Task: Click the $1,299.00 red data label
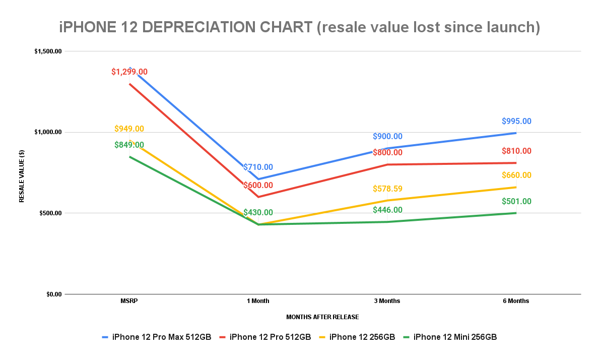pyautogui.click(x=129, y=72)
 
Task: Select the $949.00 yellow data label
pyautogui.click(x=129, y=129)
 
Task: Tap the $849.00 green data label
pyautogui.click(x=129, y=145)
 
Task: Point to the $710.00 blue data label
pyautogui.click(x=258, y=167)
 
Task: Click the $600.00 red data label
pyautogui.click(x=258, y=186)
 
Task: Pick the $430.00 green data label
pyautogui.click(x=258, y=213)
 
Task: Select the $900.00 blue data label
pyautogui.click(x=387, y=137)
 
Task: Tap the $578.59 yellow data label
pyautogui.click(x=387, y=189)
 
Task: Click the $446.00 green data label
pyautogui.click(x=387, y=210)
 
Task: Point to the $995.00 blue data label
pyautogui.click(x=516, y=122)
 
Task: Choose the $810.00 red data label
pyautogui.click(x=516, y=151)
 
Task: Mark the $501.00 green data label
pyautogui.click(x=516, y=202)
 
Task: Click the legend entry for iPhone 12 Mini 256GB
pyautogui.click(x=455, y=337)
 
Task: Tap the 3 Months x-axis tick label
pyautogui.click(x=387, y=301)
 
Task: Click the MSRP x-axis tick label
pyautogui.click(x=129, y=301)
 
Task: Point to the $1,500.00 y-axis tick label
pyautogui.click(x=48, y=51)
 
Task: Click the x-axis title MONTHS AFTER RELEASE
pyautogui.click(x=322, y=317)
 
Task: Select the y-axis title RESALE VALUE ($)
pyautogui.click(x=22, y=172)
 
